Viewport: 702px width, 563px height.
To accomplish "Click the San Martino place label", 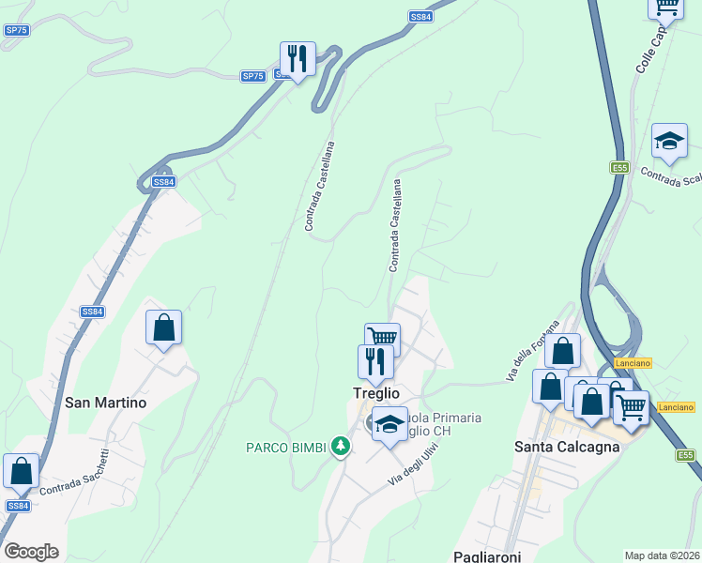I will (106, 403).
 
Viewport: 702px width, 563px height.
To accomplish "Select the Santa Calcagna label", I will (567, 447).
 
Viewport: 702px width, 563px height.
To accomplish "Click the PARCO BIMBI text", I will (286, 448).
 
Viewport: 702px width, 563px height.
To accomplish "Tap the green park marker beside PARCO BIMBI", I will (341, 448).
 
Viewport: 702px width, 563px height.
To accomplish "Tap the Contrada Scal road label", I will (671, 176).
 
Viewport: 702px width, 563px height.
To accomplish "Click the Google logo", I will (31, 552).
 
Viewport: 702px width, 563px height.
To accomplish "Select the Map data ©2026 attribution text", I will (661, 555).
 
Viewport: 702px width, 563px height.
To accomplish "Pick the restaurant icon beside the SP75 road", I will (298, 60).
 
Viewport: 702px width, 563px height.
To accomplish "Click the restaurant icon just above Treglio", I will (375, 362).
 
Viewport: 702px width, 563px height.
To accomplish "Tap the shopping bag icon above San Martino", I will (163, 328).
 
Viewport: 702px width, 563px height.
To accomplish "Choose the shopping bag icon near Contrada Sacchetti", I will (21, 472).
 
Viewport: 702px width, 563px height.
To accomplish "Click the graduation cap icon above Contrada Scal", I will (669, 142).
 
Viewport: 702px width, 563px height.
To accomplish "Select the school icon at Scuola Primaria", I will (389, 425).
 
